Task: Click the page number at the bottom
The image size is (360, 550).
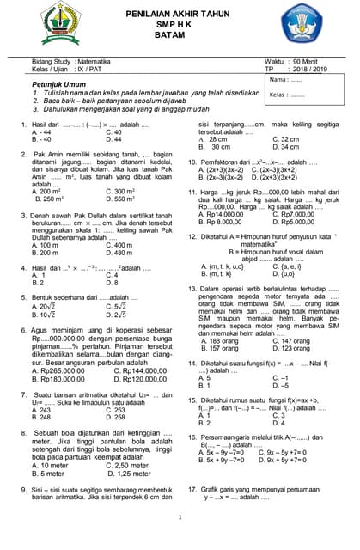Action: pos(180,517)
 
